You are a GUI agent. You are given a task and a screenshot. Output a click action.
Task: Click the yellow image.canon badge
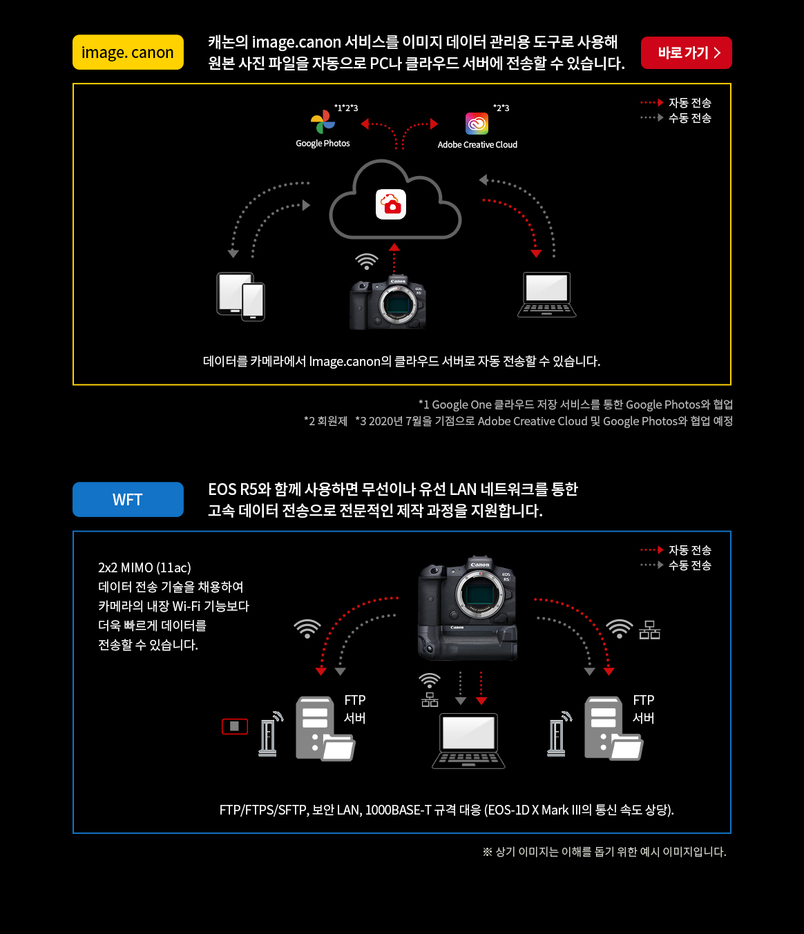(128, 52)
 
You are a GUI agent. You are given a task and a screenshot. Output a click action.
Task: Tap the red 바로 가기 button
(686, 53)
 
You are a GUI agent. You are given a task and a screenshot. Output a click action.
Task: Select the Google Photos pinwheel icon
(323, 121)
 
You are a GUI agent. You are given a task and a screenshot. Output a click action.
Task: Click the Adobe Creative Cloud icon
(477, 124)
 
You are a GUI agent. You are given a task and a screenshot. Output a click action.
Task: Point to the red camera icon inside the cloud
(391, 204)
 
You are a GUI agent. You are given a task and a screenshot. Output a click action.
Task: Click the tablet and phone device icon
(240, 296)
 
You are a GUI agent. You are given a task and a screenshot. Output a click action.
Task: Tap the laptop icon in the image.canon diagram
(546, 295)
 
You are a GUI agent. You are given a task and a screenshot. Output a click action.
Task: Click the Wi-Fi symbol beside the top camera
(366, 261)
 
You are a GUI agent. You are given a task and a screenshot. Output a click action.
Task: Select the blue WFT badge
(128, 499)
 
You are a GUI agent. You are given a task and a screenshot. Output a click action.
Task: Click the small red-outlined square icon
(235, 726)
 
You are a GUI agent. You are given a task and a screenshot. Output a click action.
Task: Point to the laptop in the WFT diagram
(468, 741)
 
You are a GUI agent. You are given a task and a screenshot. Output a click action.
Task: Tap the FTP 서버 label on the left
(355, 708)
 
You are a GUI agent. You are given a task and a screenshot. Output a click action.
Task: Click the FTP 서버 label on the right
(644, 708)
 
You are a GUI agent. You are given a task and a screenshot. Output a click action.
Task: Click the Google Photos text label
(323, 143)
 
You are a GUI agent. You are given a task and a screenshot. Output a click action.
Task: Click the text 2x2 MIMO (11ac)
(144, 567)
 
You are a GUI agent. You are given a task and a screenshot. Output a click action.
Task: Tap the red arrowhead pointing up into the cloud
(394, 247)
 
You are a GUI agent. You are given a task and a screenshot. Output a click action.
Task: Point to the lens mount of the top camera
(396, 304)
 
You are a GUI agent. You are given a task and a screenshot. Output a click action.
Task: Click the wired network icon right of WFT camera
(650, 630)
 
